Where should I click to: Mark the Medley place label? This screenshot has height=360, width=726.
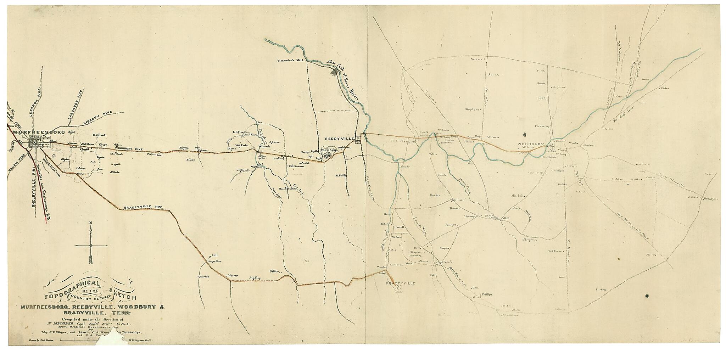coord(255,278)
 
